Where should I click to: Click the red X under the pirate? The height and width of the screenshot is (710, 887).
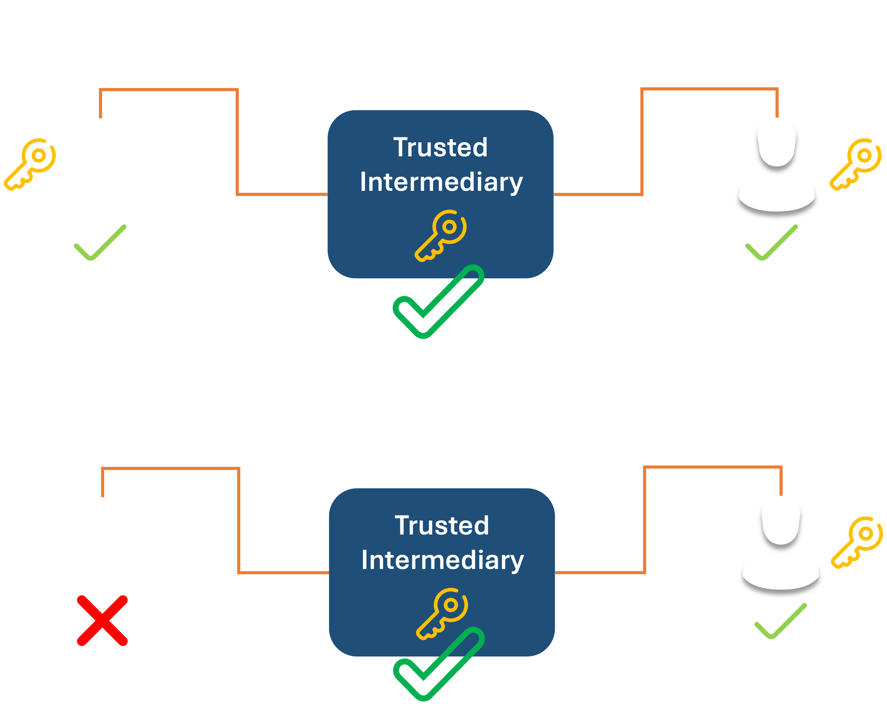click(102, 620)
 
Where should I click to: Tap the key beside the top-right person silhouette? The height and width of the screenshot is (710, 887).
click(856, 164)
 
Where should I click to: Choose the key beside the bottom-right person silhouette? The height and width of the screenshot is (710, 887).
click(857, 542)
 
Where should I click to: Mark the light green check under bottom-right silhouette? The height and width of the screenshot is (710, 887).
click(781, 622)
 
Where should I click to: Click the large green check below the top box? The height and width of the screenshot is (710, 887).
click(438, 302)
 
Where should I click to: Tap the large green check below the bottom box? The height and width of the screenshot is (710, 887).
click(439, 664)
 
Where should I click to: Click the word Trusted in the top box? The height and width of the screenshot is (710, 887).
click(441, 147)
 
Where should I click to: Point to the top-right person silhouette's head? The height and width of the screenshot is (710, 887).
click(777, 142)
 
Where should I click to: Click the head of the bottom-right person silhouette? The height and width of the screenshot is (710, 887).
click(781, 520)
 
